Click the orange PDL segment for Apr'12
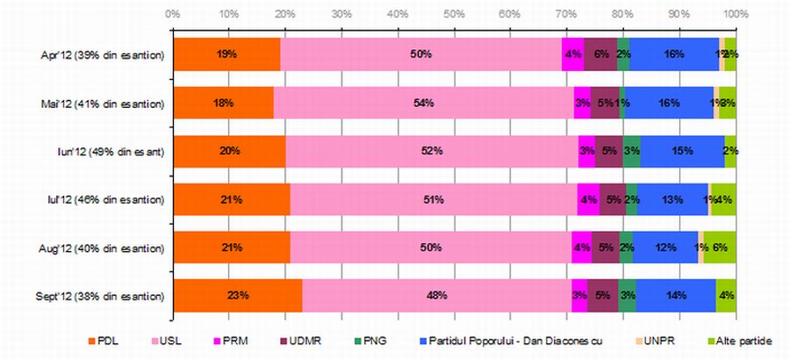226,54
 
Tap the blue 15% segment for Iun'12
682,151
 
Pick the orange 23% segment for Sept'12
237,295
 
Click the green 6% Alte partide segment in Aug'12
720,247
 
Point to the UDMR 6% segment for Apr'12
600,54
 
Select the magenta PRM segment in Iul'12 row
588,199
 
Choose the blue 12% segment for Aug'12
665,247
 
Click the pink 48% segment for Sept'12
436,295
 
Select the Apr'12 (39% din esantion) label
104,54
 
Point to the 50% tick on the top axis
454,14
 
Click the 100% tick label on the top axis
735,14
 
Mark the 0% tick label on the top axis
173,14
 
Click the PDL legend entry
105,340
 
